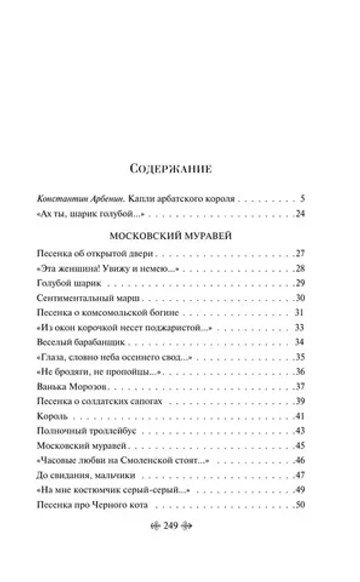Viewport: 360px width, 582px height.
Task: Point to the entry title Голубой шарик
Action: [x=90, y=284]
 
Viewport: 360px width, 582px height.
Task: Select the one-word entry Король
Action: [x=78, y=416]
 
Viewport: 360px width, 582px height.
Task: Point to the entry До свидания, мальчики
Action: [x=116, y=475]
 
